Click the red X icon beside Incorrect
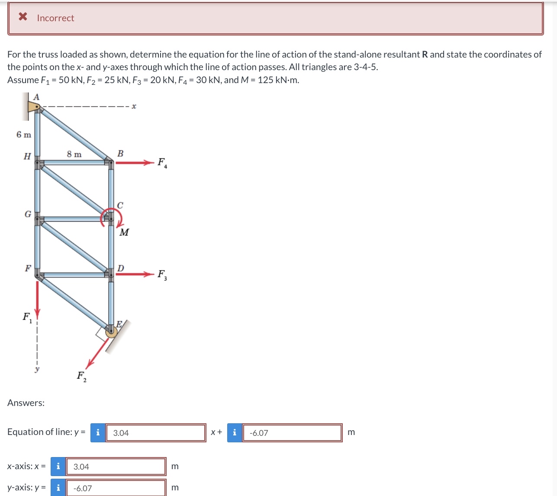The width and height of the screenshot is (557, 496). [x=23, y=17]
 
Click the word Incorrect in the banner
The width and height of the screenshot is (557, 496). [x=55, y=18]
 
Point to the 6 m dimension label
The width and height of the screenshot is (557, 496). [x=24, y=135]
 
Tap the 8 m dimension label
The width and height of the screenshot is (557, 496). [x=74, y=154]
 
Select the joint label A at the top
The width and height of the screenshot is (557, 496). [x=36, y=97]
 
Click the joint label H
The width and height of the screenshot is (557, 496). [x=27, y=156]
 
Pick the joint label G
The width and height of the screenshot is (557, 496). [x=28, y=214]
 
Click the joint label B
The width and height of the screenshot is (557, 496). [x=120, y=153]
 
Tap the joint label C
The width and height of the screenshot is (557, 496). [x=120, y=205]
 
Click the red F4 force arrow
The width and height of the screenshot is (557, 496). [x=134, y=163]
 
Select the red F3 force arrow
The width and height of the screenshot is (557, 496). [x=134, y=274]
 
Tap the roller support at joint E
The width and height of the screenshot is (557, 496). [x=112, y=332]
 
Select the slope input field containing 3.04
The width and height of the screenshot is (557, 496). [x=156, y=433]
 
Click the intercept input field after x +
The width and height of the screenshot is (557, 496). [x=292, y=433]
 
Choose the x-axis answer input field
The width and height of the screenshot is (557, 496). [x=116, y=467]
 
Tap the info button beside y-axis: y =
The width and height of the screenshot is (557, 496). [x=58, y=488]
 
